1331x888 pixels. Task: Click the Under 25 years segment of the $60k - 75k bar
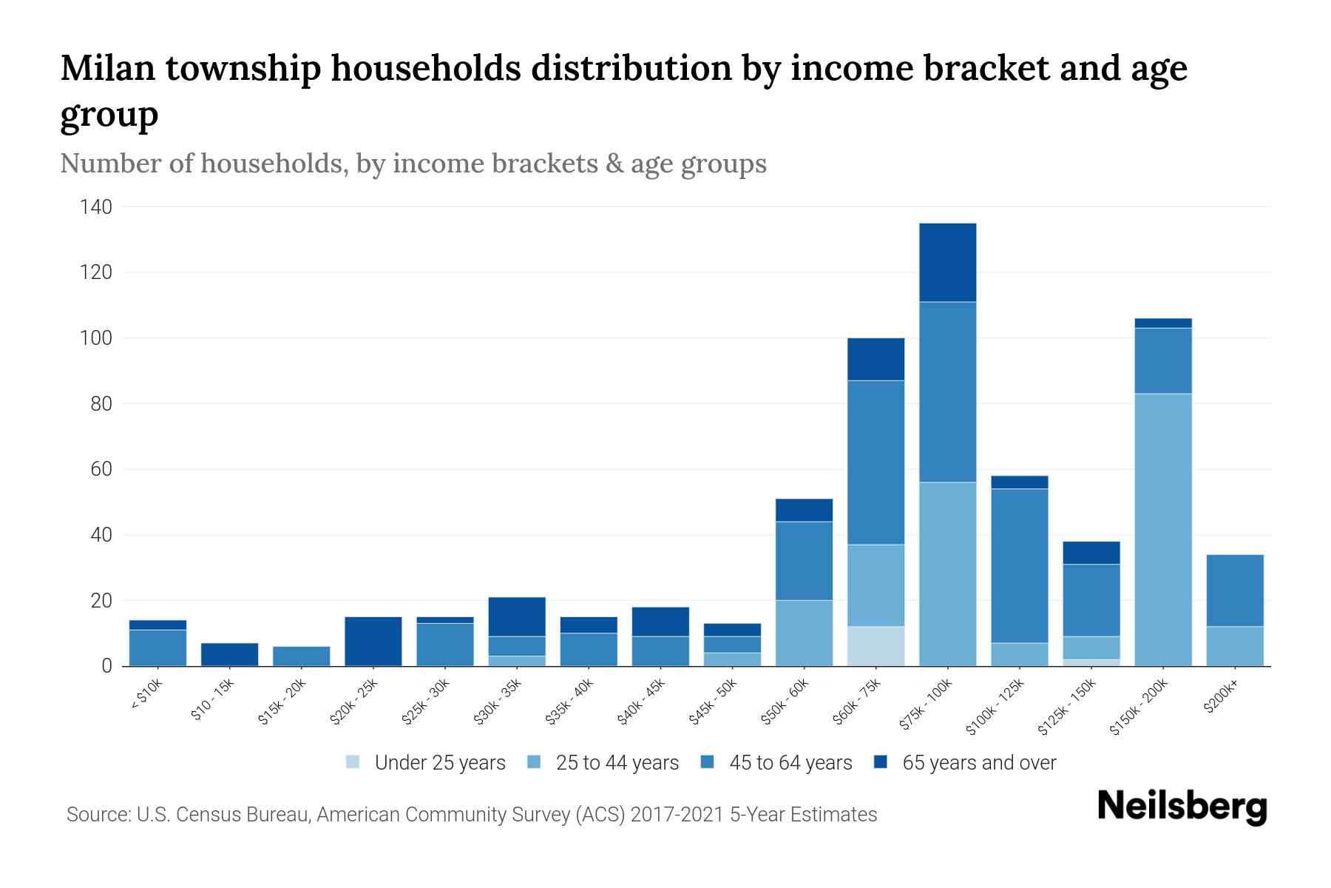pos(876,646)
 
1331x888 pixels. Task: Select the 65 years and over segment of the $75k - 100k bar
pos(947,262)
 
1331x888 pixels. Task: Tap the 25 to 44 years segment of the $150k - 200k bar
pos(1162,529)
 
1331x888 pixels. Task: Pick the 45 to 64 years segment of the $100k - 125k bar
pos(1019,565)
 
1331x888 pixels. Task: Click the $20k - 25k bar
pos(373,641)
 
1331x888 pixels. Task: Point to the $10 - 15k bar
pos(229,654)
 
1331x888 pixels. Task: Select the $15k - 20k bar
pos(301,656)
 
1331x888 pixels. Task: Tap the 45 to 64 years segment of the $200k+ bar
pos(1234,591)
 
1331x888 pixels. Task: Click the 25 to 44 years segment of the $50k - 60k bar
pos(804,633)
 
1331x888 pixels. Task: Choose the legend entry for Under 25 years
pos(426,762)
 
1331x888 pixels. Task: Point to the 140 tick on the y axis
pos(96,207)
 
